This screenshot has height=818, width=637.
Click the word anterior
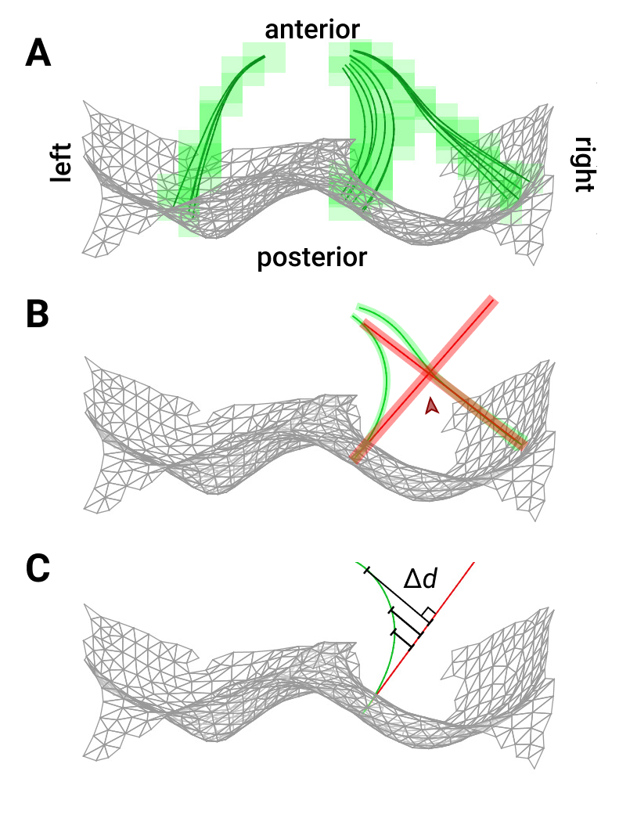click(x=312, y=30)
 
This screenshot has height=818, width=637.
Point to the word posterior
click(x=311, y=256)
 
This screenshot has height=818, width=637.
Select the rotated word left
click(x=61, y=163)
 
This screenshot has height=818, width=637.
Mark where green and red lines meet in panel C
click(x=376, y=693)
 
